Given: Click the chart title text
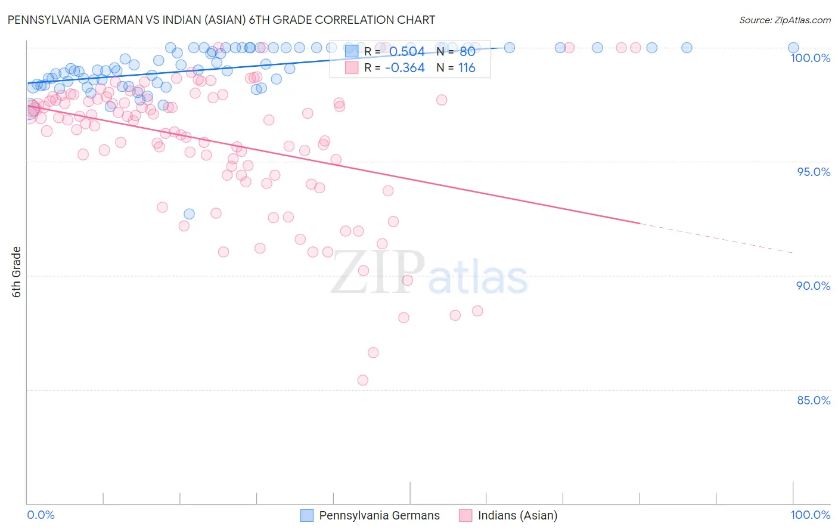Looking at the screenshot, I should pos(221,20).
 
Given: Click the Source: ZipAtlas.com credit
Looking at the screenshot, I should pos(784,20).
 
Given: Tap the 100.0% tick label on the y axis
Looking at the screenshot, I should pos(810,58).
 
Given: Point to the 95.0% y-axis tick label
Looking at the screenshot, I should pos(814,172).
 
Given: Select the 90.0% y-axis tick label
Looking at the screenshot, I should pos(814,286).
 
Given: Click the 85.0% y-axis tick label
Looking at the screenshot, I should pos(814,400).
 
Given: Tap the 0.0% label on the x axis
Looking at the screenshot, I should pos(41,515).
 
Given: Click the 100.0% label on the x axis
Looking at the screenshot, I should pos(810,515).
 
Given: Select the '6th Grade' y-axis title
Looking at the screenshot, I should pos(17,272).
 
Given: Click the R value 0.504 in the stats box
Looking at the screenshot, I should pos(406,51).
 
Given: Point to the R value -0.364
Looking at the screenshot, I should pos(405,68).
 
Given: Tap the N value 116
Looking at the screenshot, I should pos(467,68).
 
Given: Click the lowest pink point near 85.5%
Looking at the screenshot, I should pos(362,380).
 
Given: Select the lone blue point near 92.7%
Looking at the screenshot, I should pos(189,214).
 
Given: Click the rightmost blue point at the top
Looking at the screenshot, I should pos(793,48).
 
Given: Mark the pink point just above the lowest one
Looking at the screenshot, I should pos(373,352).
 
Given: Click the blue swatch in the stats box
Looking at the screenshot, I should pos(352,51).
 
